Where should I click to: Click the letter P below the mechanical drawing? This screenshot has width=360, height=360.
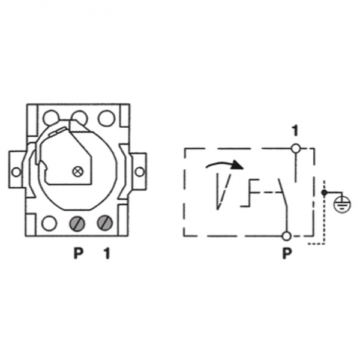pyautogui.click(x=78, y=253)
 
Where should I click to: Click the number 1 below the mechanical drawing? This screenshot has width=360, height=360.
pyautogui.click(x=107, y=253)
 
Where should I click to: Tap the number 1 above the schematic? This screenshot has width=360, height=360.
pyautogui.click(x=295, y=130)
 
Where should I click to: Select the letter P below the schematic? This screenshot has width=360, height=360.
pyautogui.click(x=287, y=253)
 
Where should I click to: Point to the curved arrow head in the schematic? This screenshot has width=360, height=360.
pyautogui.click(x=237, y=164)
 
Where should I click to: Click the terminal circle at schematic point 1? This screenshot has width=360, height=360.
pyautogui.click(x=295, y=148)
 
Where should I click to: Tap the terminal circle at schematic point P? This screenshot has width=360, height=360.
pyautogui.click(x=286, y=236)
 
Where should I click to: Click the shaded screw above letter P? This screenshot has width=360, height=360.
pyautogui.click(x=77, y=223)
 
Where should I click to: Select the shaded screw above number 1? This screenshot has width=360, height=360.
pyautogui.click(x=105, y=223)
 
